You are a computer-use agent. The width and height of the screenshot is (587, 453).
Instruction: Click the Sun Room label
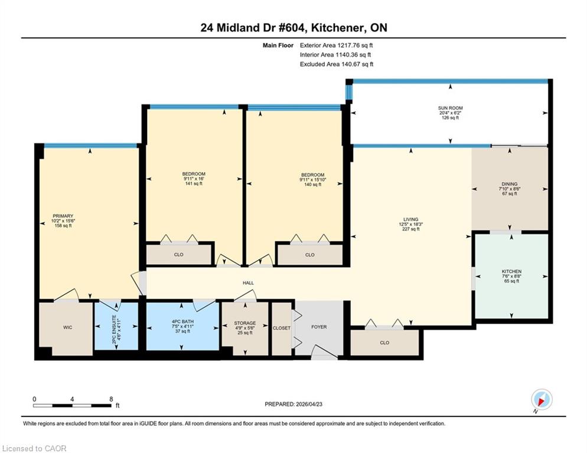point(451,108)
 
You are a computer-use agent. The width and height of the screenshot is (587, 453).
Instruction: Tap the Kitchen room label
point(511,271)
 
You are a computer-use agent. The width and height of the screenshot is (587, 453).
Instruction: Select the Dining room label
point(510,184)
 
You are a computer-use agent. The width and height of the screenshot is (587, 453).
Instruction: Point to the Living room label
point(410,219)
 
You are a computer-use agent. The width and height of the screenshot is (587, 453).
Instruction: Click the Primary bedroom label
point(63,216)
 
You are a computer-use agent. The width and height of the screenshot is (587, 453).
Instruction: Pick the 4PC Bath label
point(182,321)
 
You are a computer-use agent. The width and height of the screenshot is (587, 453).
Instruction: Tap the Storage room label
point(245,323)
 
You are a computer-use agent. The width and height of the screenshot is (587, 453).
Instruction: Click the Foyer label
point(319,327)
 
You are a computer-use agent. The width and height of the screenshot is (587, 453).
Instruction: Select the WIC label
point(68,328)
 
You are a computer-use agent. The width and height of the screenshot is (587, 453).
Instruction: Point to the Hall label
point(248,283)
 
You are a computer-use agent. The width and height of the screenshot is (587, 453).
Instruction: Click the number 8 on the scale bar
point(111,399)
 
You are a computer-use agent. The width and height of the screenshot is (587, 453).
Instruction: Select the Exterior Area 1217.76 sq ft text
point(336,45)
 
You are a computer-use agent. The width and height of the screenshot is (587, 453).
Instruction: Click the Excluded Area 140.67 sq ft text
point(337,64)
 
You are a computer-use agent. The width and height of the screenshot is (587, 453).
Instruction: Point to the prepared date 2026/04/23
point(309,405)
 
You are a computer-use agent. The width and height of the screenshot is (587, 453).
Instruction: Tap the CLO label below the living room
point(384,343)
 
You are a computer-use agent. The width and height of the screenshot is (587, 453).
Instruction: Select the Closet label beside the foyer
point(282,328)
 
